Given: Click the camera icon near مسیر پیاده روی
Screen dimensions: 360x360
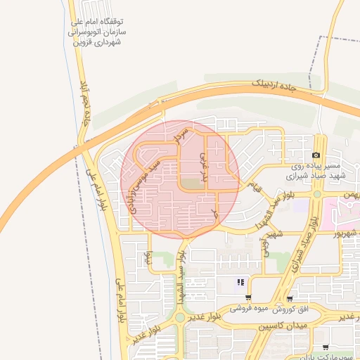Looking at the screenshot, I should pos(316,155).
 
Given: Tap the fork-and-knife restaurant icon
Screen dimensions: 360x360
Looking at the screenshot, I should pos(240,283).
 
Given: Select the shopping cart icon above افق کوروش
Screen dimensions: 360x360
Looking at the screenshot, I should pos(289,299).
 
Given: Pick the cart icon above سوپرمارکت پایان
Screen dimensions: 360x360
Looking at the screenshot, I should pos(325,347).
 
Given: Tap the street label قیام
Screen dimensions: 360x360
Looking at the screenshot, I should pos(256,186).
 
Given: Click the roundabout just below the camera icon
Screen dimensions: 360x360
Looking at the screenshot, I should pos(316,194).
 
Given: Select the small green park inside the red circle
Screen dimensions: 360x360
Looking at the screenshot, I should pos(189,184).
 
